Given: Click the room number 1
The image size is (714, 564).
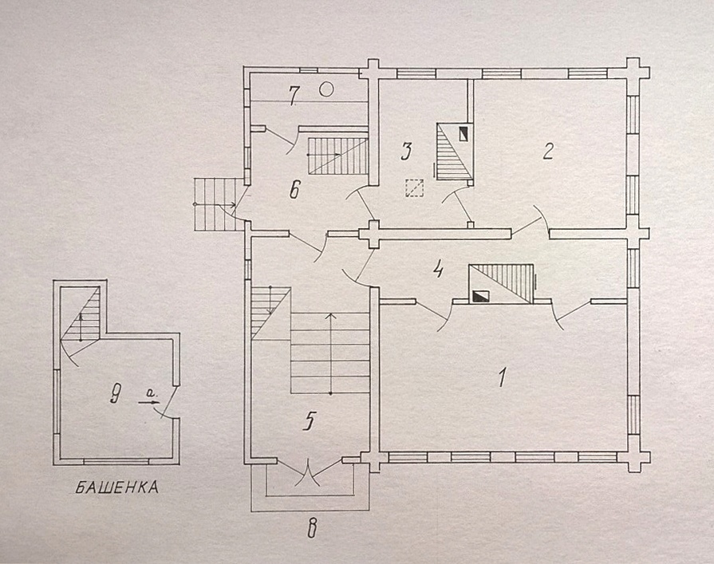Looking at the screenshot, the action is pyautogui.click(x=503, y=377).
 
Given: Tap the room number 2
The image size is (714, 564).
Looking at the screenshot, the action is pyautogui.click(x=548, y=151).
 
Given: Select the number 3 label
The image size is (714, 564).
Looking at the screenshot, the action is pyautogui.click(x=406, y=151).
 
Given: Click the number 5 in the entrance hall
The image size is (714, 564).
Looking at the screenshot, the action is pyautogui.click(x=309, y=422).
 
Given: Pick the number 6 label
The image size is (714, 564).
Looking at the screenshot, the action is pyautogui.click(x=294, y=189).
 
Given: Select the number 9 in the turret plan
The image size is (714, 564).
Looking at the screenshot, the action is pyautogui.click(x=116, y=394).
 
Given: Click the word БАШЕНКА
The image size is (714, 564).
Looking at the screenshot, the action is pyautogui.click(x=116, y=488).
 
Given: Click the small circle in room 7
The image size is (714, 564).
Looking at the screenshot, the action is pyautogui.click(x=326, y=89).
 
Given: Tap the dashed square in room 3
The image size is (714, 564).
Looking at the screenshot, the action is pyautogui.click(x=414, y=188).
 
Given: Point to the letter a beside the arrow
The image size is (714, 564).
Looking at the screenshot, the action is pyautogui.click(x=149, y=392).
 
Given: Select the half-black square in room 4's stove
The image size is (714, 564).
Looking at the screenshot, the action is pyautogui.click(x=482, y=296).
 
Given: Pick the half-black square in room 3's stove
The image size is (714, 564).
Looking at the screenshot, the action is pyautogui.click(x=464, y=134).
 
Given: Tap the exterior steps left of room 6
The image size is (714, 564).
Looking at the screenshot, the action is pyautogui.click(x=215, y=204).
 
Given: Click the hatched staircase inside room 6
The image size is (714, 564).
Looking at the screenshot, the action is pyautogui.click(x=338, y=156).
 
